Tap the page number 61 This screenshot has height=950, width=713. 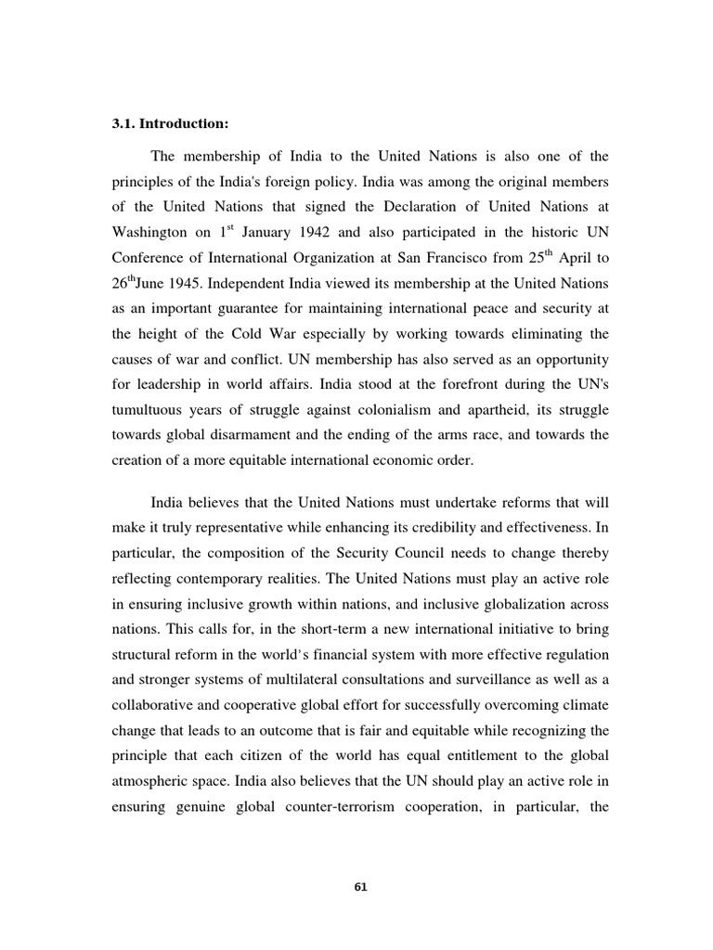point(362,886)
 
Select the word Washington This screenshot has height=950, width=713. point(149,232)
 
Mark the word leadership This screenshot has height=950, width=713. point(175,384)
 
